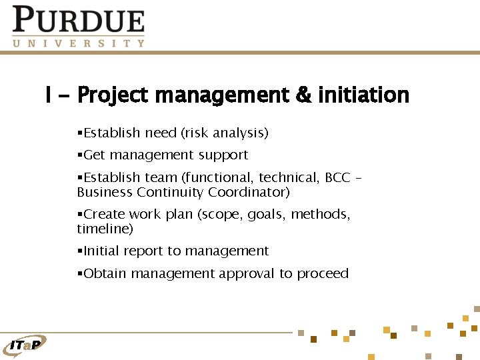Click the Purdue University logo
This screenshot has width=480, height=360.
click(x=78, y=27)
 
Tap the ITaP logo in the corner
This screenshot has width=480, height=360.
click(x=25, y=344)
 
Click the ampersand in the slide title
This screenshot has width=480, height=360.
click(x=303, y=95)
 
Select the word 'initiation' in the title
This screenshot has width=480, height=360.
click(x=364, y=95)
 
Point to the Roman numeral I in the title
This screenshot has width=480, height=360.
click(x=48, y=95)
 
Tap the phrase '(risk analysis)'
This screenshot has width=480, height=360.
click(x=225, y=133)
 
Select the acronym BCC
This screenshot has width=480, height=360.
click(x=337, y=177)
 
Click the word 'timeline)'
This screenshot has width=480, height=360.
click(x=105, y=229)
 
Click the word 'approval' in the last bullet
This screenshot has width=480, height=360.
click(x=247, y=274)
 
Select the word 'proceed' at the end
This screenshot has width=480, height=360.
click(x=323, y=274)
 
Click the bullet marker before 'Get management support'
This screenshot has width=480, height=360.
click(x=79, y=155)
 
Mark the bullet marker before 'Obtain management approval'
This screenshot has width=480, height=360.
click(x=79, y=273)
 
